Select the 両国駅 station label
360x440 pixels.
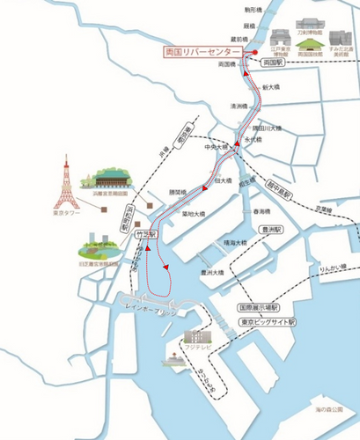[276, 65]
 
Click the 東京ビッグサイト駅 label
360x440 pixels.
[269, 322]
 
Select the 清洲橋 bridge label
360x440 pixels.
[238, 106]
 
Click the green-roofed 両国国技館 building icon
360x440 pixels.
[309, 41]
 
